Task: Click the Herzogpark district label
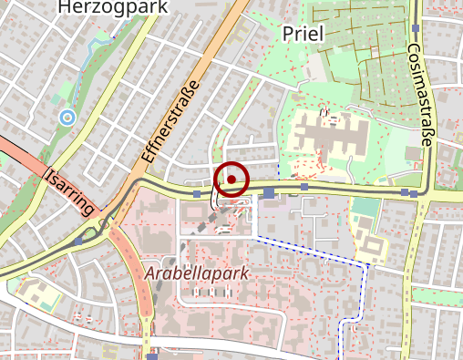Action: pos(101,7)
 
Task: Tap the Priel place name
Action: pos(304,34)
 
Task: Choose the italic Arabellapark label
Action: pos(196,273)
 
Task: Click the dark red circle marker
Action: pos(232,180)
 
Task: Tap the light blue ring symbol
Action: pos(67,117)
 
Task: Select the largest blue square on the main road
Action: pos(269,192)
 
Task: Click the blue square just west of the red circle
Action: pos(197,193)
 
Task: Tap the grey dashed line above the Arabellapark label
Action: pos(173,255)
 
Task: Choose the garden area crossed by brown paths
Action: pos(361,46)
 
